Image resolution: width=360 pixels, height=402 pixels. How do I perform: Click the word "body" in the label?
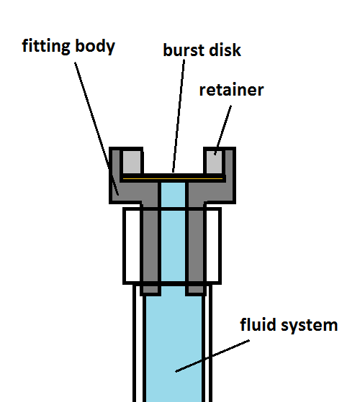coord(95,46)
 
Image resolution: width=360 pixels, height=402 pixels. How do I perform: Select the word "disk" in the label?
coord(225,50)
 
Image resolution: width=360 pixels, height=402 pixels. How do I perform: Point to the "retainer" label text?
coord(231,90)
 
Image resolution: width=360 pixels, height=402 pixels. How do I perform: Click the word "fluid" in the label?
coord(258,324)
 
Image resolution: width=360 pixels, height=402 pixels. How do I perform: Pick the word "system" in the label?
coord(310,326)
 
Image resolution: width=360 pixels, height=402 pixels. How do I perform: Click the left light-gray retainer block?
coord(132,162)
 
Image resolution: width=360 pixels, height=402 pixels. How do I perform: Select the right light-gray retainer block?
coord(215,162)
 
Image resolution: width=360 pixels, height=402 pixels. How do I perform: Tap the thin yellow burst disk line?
coord(173,178)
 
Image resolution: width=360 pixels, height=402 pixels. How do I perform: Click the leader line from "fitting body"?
coord(96,129)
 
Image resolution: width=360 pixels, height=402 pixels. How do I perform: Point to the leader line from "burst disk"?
coord(179,116)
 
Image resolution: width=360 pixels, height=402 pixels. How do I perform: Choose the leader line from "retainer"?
coord(223,130)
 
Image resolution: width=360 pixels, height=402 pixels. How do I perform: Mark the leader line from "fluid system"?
coord(212,356)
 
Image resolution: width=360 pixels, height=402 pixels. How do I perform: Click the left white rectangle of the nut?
coord(132,246)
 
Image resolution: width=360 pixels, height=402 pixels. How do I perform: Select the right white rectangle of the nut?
coord(212,246)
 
